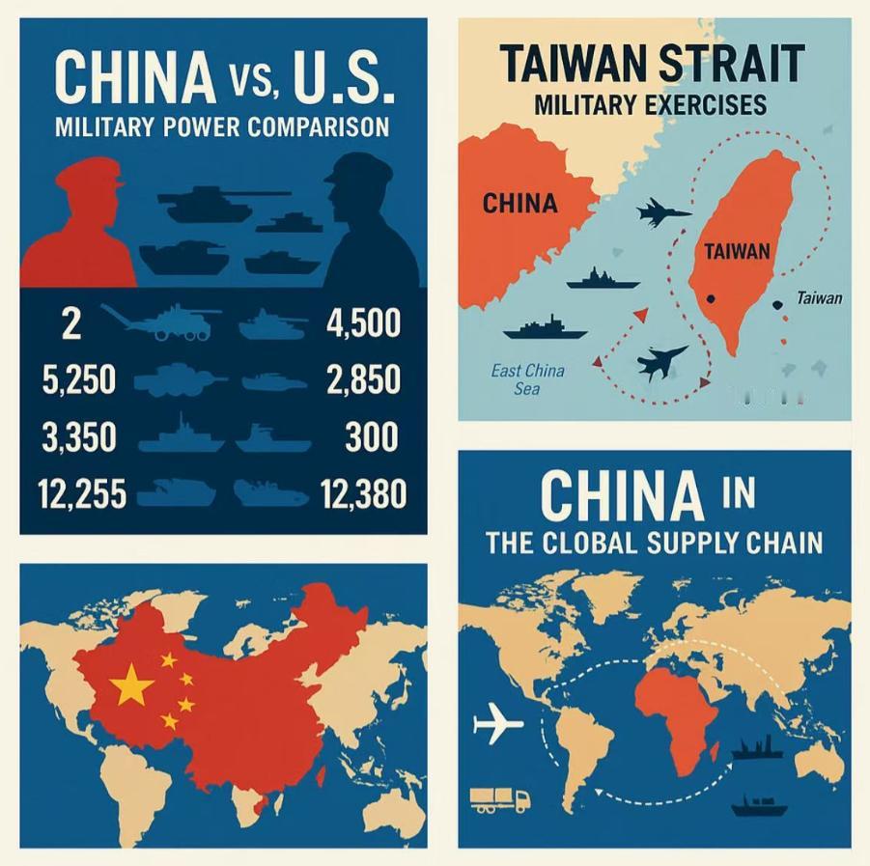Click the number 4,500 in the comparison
pyautogui.click(x=363, y=323)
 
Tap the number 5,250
pyautogui.click(x=79, y=380)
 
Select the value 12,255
pyautogui.click(x=83, y=494)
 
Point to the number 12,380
pyautogui.click(x=361, y=494)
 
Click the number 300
pyautogui.click(x=371, y=437)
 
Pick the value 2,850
pyautogui.click(x=362, y=380)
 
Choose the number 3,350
pyautogui.click(x=79, y=437)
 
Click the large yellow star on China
pyautogui.click(x=132, y=687)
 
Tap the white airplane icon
pyautogui.click(x=498, y=723)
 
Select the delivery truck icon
pyautogui.click(x=499, y=798)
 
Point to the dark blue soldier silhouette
pyautogui.click(x=367, y=227)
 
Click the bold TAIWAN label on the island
pyautogui.click(x=738, y=252)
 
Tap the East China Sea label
pyautogui.click(x=528, y=379)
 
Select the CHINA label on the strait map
pyautogui.click(x=519, y=204)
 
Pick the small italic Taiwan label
pyautogui.click(x=819, y=298)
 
